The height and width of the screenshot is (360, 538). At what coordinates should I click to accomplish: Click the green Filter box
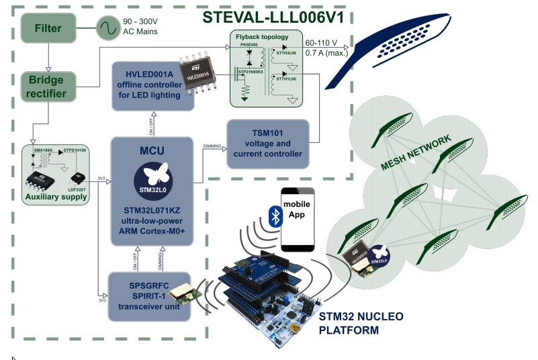(x=48, y=28)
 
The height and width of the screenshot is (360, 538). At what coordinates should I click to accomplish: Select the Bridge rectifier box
(x=47, y=87)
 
